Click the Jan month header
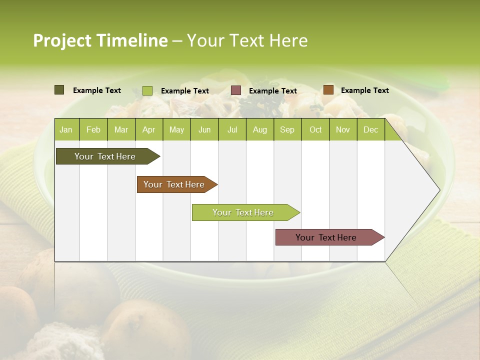[x=66, y=130]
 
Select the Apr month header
[x=148, y=130]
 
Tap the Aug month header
[x=259, y=130]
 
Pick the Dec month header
[x=370, y=130]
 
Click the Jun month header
[x=204, y=130]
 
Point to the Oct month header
[x=315, y=130]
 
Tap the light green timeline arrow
[x=244, y=212]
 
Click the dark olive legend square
[x=59, y=90]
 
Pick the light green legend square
[x=147, y=90]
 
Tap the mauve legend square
[x=236, y=90]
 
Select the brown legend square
[x=328, y=90]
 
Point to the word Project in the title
[x=62, y=40]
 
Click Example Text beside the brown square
[x=364, y=90]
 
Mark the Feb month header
[x=93, y=130]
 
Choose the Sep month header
[x=287, y=130]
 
